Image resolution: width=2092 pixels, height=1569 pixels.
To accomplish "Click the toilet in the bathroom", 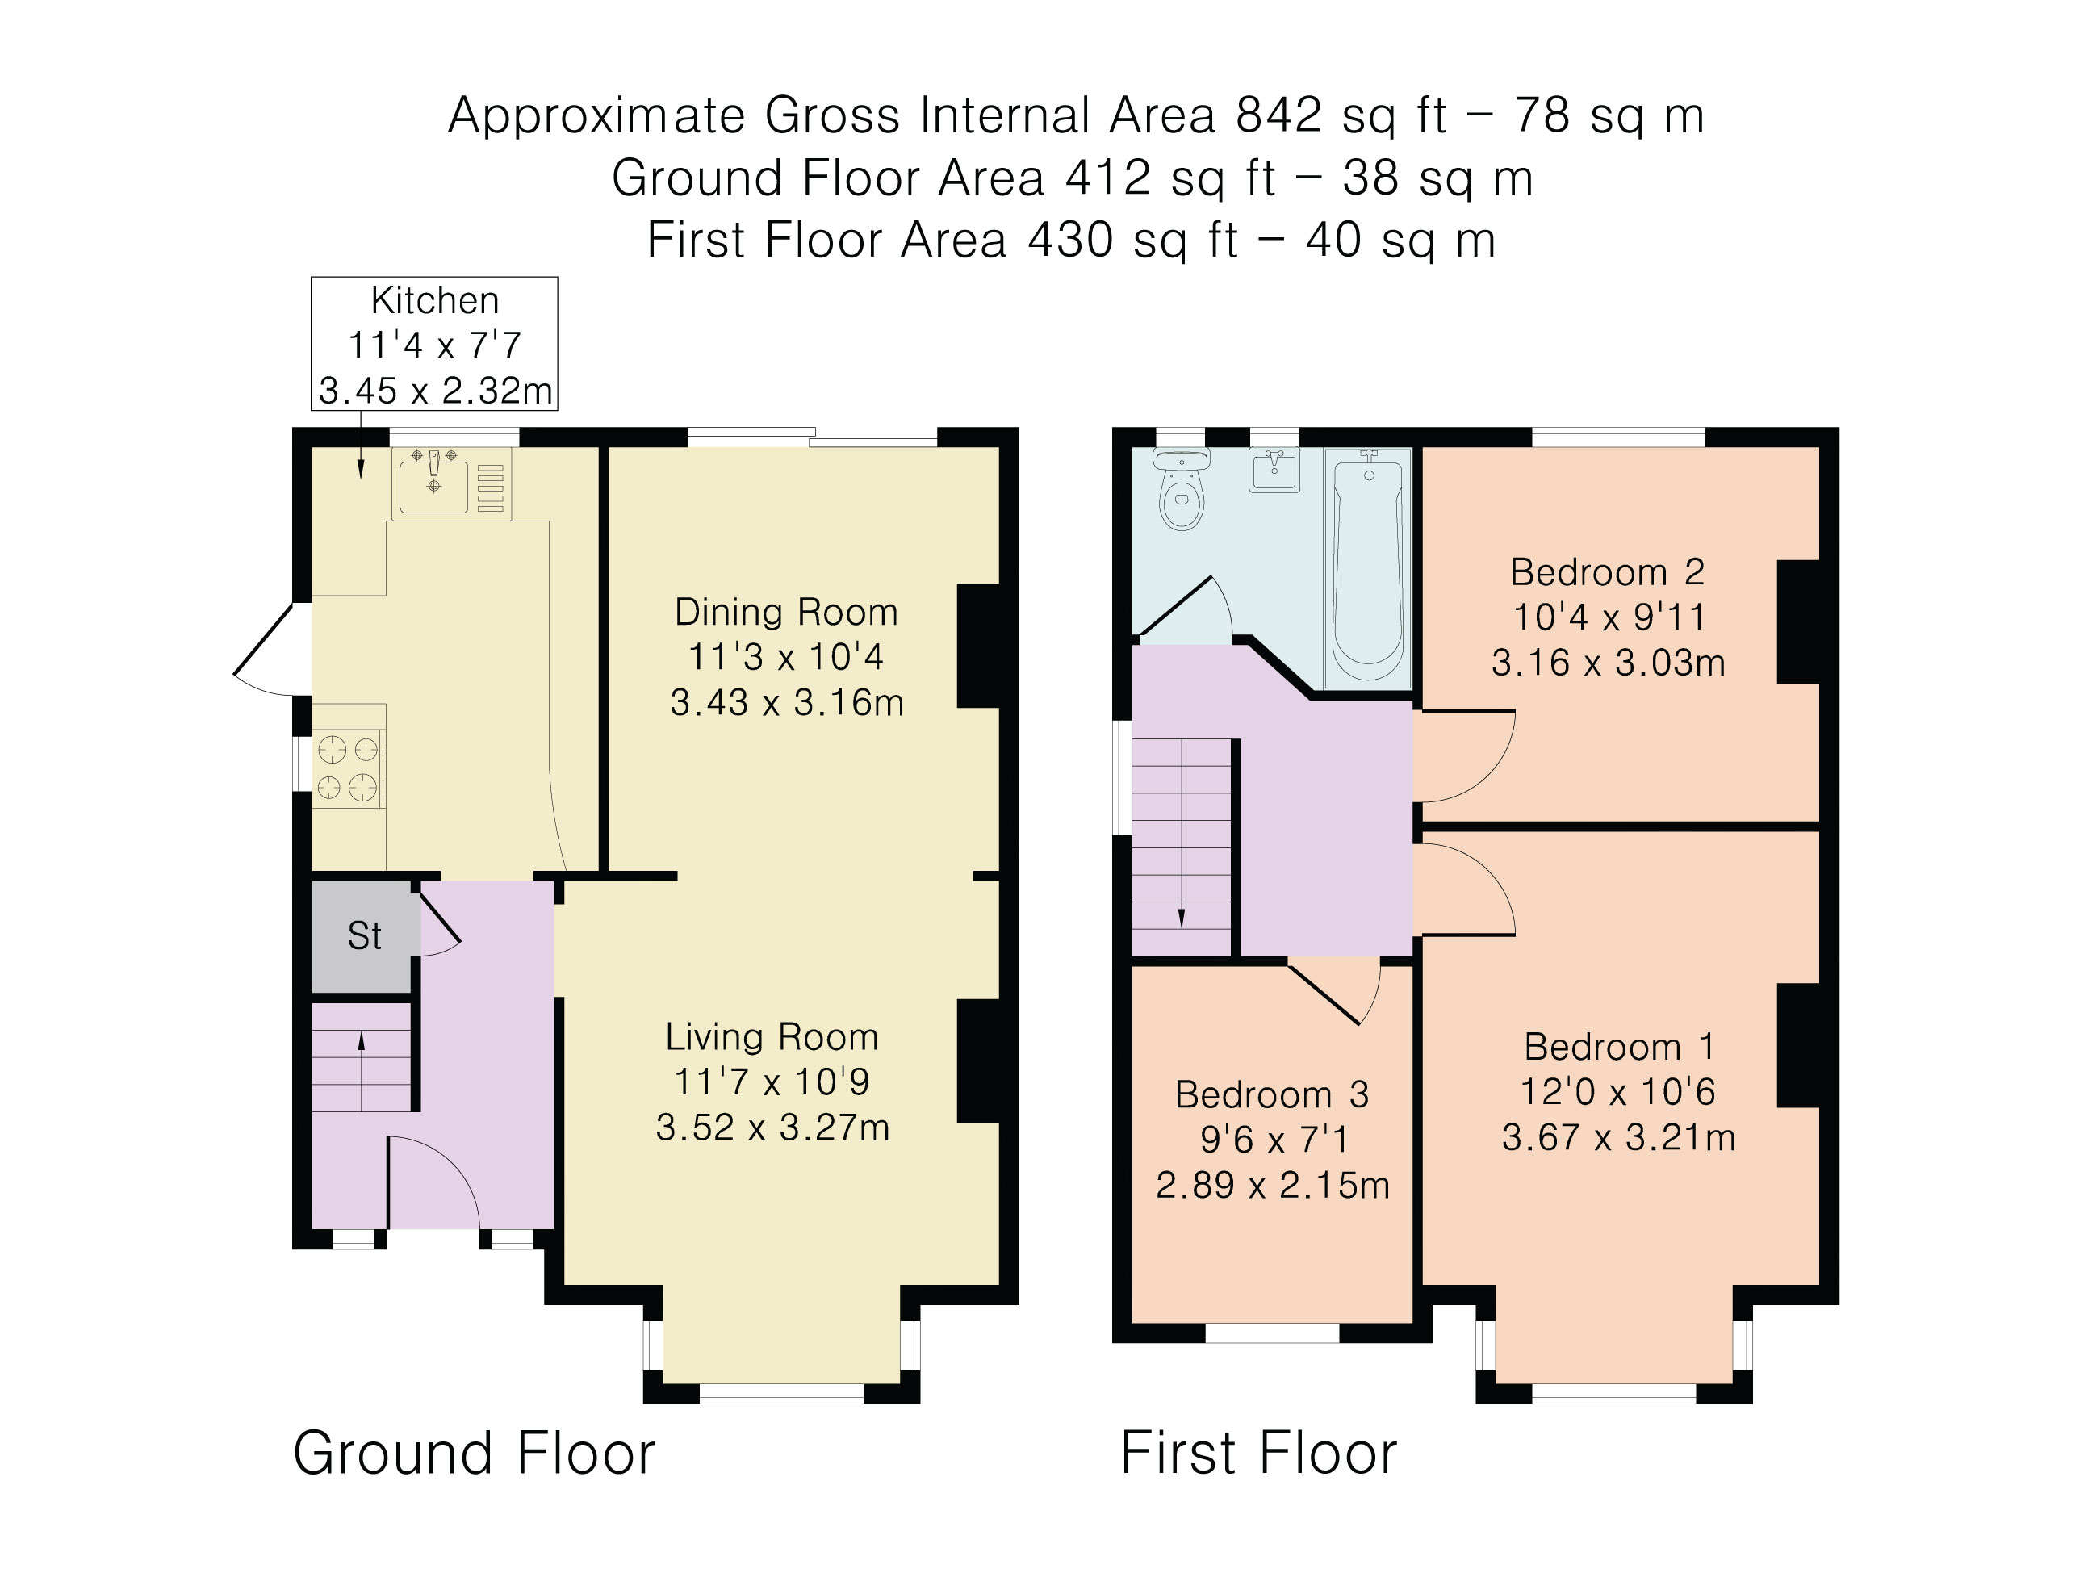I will pos(1182,494).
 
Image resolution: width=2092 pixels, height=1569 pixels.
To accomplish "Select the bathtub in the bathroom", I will pos(1367,567).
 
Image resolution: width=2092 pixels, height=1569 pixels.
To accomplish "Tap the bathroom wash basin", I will pos(1274,470).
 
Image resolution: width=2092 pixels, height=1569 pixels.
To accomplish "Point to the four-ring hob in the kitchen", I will pos(348,767).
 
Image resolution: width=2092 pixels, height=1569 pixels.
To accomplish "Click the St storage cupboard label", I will pos(364,936).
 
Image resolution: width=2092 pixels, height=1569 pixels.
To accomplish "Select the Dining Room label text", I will pos(786,612).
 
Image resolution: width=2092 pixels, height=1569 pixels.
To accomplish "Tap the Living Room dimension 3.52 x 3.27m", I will pos(772,1128).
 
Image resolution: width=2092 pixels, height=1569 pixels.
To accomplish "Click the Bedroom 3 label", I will pos(1271,1094).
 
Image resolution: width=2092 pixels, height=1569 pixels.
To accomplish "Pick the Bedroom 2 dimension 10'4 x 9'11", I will pos(1609,617).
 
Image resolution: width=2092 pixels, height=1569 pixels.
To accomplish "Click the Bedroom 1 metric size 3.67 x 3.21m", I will pos(1618,1136).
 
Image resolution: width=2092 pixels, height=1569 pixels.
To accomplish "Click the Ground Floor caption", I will pos(474,1453).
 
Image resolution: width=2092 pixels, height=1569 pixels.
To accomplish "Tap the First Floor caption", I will pos(1257,1453).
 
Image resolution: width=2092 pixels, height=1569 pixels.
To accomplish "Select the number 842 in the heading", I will pos(1278,115).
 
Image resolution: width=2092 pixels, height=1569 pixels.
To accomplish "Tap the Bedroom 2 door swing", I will pos(1466,756).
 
